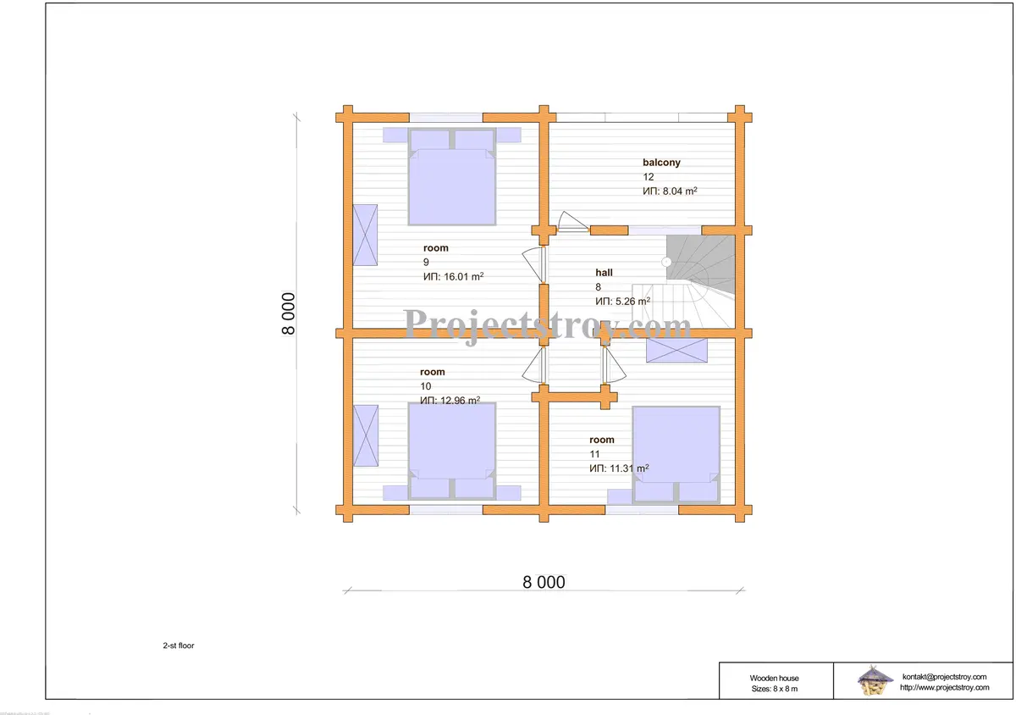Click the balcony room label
click(x=661, y=162)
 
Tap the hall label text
click(x=604, y=273)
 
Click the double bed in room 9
click(x=452, y=176)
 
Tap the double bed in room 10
click(x=452, y=452)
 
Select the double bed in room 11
click(x=676, y=455)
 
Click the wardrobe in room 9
click(x=365, y=235)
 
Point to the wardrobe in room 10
click(x=366, y=435)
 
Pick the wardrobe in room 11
click(x=676, y=350)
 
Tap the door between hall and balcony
click(x=572, y=223)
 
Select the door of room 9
click(x=533, y=264)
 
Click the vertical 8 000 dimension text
click(x=289, y=313)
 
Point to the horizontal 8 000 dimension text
click(x=544, y=582)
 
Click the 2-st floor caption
click(x=179, y=646)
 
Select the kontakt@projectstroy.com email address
click(x=944, y=677)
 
